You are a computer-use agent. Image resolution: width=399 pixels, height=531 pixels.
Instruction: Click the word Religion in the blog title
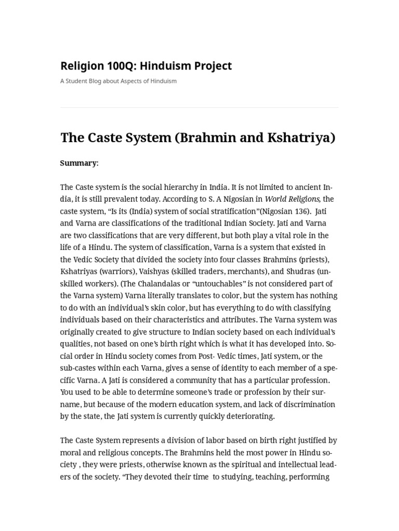click(82, 66)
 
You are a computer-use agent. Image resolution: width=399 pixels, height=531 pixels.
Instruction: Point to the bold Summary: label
click(79, 163)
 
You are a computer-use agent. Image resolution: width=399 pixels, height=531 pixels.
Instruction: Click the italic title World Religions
click(291, 199)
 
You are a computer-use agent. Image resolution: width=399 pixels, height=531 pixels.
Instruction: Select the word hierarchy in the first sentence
click(185, 187)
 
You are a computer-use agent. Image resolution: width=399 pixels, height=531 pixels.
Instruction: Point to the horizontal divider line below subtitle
click(199, 107)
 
